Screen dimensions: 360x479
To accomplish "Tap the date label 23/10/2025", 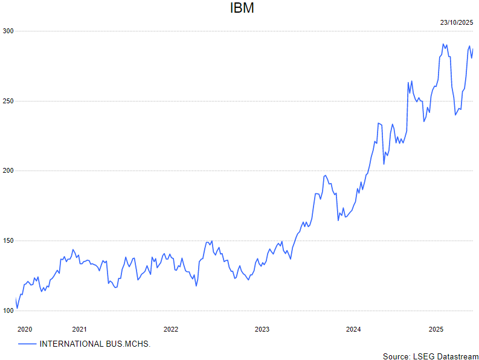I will click(x=456, y=22).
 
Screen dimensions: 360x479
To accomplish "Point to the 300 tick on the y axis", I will click(x=7, y=31).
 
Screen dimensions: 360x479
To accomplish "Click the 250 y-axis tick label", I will click(x=7, y=101).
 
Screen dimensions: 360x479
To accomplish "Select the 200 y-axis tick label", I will click(x=7, y=171).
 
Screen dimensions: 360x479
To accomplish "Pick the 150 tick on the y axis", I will click(x=7, y=241).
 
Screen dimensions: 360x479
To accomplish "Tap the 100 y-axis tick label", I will click(x=7, y=310).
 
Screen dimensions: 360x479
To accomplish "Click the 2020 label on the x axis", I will click(x=25, y=329).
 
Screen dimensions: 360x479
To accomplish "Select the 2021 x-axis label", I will click(x=79, y=329).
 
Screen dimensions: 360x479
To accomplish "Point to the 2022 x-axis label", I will click(x=171, y=329).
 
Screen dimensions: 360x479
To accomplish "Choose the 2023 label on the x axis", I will click(x=262, y=329).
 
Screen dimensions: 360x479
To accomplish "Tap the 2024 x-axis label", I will click(x=353, y=329).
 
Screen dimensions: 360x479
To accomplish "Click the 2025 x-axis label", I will click(x=436, y=329).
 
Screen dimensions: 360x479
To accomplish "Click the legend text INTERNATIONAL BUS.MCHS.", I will click(x=95, y=344).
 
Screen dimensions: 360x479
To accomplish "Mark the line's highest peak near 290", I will click(x=443, y=44).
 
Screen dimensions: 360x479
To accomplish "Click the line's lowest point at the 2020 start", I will click(x=18, y=309).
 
